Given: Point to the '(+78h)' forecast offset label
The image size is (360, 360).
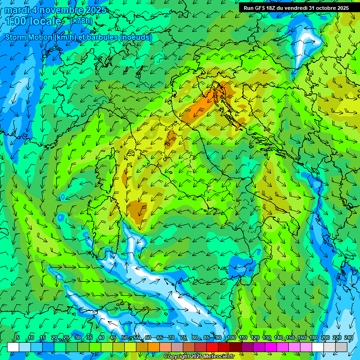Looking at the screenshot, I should pos(82,21).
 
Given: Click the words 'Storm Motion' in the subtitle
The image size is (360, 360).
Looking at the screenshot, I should pos(29,37).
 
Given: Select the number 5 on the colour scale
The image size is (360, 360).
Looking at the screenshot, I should pos(18,337).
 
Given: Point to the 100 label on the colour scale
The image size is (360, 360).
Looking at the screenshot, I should pos(231,337).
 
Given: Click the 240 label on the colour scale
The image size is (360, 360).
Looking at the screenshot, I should pos(348,337).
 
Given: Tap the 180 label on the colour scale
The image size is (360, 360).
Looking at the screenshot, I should pos(313,337).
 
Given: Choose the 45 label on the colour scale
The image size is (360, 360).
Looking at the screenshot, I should pos(113,337).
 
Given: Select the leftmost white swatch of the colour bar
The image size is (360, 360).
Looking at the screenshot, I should pos(13,347).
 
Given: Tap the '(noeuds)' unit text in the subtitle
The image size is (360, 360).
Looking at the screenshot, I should pos(136,37).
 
